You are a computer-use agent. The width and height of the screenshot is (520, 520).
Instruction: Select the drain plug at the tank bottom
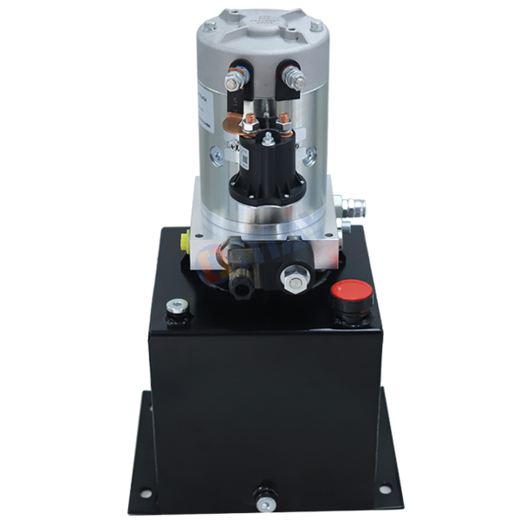(x=262, y=498)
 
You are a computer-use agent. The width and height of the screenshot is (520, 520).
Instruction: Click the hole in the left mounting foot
(x=144, y=492)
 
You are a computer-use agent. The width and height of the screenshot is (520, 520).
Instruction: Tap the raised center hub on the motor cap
(x=260, y=26)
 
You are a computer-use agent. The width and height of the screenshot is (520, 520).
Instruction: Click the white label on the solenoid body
(x=245, y=159)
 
